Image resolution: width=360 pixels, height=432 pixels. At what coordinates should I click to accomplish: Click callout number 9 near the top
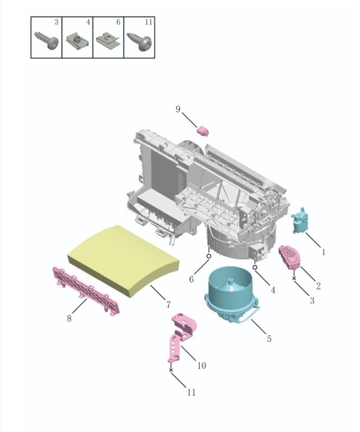tap(178, 109)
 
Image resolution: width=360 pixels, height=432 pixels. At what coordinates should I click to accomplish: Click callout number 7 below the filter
tap(168, 305)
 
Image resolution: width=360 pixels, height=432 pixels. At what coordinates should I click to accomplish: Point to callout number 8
tap(69, 318)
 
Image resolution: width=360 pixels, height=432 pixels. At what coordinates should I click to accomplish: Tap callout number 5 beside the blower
tap(269, 338)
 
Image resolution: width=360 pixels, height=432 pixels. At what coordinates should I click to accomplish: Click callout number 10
tap(201, 365)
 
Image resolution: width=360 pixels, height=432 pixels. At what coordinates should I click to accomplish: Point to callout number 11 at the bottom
tap(191, 392)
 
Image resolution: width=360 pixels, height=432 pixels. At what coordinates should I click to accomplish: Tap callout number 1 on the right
tap(324, 252)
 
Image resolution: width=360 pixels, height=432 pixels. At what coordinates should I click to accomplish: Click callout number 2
tap(318, 286)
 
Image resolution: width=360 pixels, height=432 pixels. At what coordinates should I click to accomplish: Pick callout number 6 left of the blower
tap(191, 279)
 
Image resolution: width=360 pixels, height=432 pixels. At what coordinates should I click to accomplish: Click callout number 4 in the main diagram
tap(272, 290)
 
